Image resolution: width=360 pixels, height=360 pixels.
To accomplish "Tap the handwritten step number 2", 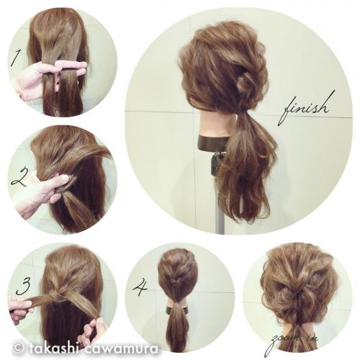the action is click(x=19, y=178).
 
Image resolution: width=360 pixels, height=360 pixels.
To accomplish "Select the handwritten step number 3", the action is click(x=24, y=286).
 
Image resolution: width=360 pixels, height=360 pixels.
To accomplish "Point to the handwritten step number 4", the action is click(x=140, y=286).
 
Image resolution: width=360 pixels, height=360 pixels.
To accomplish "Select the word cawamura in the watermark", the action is click(x=122, y=348).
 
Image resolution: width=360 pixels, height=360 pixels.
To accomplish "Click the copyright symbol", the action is click(x=19, y=348).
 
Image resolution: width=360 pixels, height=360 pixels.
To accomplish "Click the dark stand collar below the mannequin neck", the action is click(x=212, y=143).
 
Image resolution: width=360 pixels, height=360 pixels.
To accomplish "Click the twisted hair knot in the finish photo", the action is click(x=246, y=81).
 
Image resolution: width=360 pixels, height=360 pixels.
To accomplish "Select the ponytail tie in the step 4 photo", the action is click(x=177, y=304).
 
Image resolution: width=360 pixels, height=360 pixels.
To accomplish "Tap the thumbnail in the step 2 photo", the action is click(x=64, y=178).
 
